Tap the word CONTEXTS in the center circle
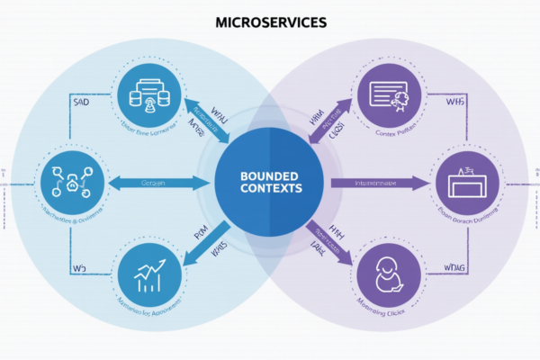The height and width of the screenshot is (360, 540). click(x=269, y=189)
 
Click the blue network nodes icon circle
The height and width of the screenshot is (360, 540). click(x=70, y=181)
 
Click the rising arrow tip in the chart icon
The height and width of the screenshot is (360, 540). click(x=159, y=262)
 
